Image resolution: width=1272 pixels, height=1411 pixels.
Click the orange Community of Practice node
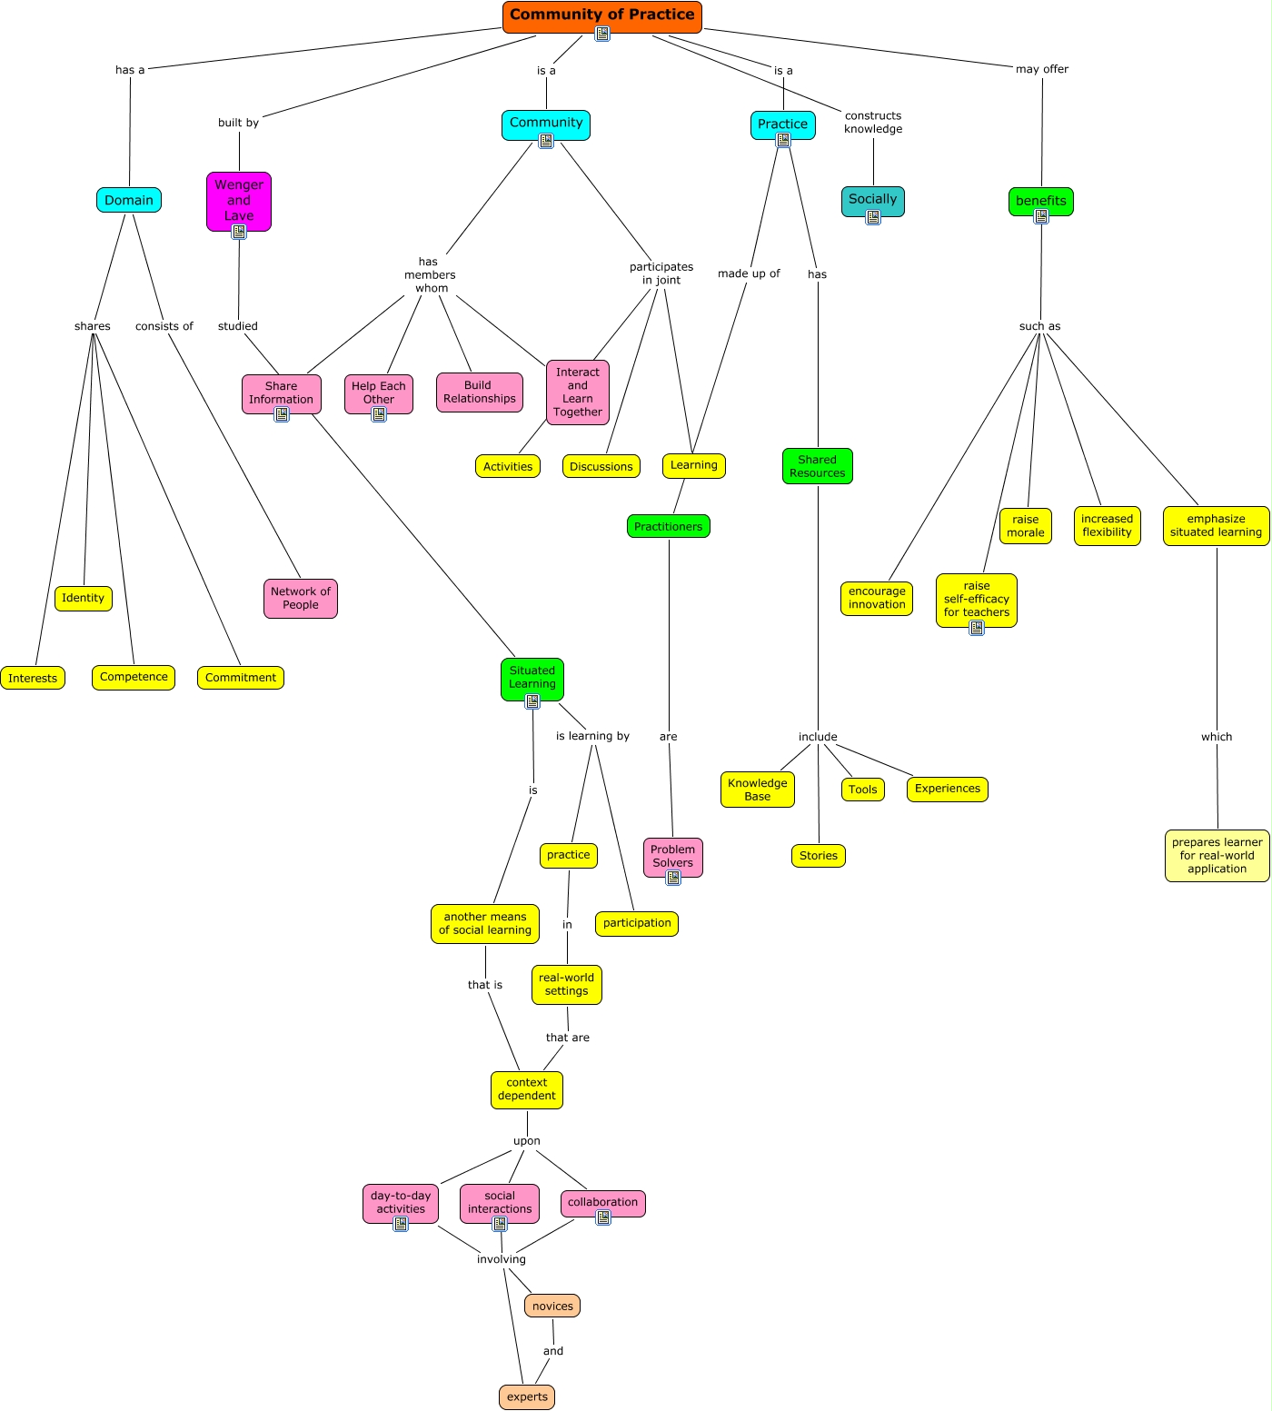pyautogui.click(x=601, y=15)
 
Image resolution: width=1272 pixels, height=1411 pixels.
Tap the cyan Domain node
pyautogui.click(x=129, y=200)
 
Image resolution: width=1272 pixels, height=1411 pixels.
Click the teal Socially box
pyautogui.click(x=872, y=199)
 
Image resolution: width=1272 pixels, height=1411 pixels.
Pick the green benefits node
pyautogui.click(x=1041, y=200)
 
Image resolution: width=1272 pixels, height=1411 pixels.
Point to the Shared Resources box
pyautogui.click(x=817, y=466)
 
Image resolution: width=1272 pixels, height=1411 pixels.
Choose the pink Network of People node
pyautogui.click(x=301, y=598)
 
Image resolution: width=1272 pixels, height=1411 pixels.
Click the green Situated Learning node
pyautogui.click(x=532, y=677)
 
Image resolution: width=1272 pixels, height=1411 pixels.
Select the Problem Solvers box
pyautogui.click(x=672, y=856)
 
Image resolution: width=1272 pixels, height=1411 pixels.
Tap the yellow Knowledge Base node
pyautogui.click(x=757, y=790)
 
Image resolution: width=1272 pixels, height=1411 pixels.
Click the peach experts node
pyautogui.click(x=527, y=1396)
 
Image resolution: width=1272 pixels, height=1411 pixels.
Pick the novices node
pyautogui.click(x=552, y=1306)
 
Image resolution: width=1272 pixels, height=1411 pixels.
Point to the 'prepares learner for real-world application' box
pyautogui.click(x=1217, y=855)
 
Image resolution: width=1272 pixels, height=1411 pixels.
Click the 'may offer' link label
pyautogui.click(x=1042, y=69)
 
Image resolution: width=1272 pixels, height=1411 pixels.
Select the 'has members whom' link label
pyautogui.click(x=430, y=274)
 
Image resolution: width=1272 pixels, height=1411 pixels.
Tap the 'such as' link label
pyautogui.click(x=1039, y=326)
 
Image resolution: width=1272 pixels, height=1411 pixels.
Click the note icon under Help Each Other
pyautogui.click(x=379, y=414)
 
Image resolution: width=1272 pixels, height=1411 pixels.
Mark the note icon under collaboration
pyautogui.click(x=603, y=1217)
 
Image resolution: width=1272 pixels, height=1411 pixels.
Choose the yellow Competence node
pyautogui.click(x=134, y=677)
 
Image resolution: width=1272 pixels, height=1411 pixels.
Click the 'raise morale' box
pyautogui.click(x=1026, y=526)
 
